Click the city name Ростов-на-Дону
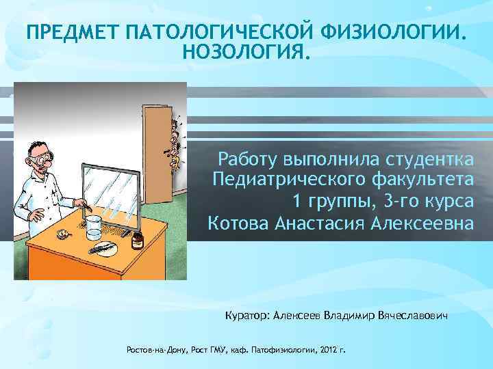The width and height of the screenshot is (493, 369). point(152,350)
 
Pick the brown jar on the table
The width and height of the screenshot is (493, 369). point(138,238)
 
